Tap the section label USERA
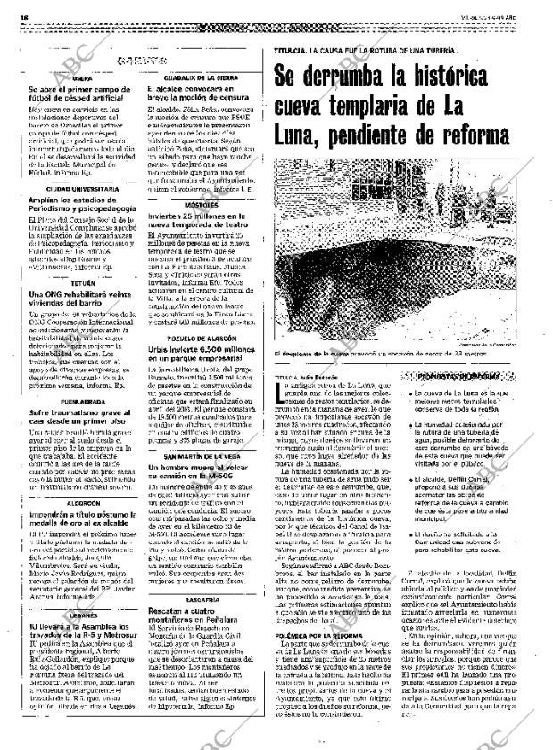click(x=82, y=79)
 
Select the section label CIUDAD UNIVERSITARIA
click(x=82, y=190)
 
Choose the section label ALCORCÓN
click(x=82, y=453)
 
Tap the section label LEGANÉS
click(x=82, y=541)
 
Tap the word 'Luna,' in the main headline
click(x=301, y=136)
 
